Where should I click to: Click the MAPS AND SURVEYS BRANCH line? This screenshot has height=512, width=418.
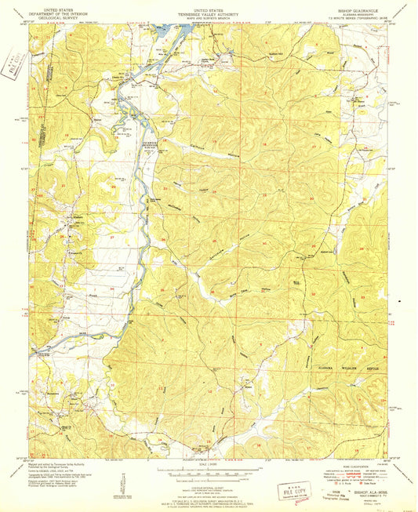[208, 16]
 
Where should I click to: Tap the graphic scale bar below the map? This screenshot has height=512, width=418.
[209, 468]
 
